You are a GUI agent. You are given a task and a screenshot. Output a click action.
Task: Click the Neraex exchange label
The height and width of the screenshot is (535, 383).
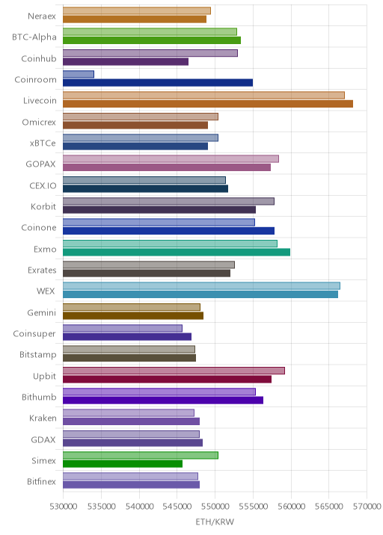pyautogui.click(x=42, y=16)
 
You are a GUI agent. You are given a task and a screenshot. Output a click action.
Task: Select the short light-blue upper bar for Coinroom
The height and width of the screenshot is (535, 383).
pyautogui.click(x=79, y=74)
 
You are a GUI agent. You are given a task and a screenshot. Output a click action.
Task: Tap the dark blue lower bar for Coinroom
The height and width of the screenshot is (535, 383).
pyautogui.click(x=158, y=83)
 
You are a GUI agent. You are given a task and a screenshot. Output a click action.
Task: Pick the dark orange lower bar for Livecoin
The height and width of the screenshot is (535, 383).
pyautogui.click(x=208, y=104)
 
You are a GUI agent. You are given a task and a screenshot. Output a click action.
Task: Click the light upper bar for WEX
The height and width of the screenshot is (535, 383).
pyautogui.click(x=201, y=286)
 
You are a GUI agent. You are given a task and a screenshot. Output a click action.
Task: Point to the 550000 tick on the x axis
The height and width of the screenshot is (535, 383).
pyautogui.click(x=215, y=507)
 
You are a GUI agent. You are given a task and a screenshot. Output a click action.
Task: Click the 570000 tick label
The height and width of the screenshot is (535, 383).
pyautogui.click(x=367, y=507)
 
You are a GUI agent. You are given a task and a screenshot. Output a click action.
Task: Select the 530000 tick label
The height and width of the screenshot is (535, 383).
pyautogui.click(x=63, y=507)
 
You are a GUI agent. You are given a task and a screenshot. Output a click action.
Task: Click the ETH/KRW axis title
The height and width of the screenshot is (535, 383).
pyautogui.click(x=215, y=522)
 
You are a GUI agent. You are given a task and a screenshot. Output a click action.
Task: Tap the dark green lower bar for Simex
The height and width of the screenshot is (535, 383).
pyautogui.click(x=123, y=464)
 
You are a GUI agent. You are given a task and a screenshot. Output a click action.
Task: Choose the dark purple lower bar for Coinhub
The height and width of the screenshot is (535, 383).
pyautogui.click(x=126, y=61)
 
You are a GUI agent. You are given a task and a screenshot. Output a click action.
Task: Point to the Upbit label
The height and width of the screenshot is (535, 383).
pyautogui.click(x=44, y=376)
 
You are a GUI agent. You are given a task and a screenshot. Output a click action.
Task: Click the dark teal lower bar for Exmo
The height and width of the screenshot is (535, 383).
pyautogui.click(x=177, y=252)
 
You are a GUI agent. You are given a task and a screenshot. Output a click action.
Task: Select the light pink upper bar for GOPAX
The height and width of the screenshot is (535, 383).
pyautogui.click(x=171, y=158)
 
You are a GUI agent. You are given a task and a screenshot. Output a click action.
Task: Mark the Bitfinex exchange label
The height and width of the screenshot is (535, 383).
pyautogui.click(x=41, y=481)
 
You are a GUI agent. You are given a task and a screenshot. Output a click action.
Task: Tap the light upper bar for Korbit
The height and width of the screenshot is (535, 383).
pyautogui.click(x=168, y=201)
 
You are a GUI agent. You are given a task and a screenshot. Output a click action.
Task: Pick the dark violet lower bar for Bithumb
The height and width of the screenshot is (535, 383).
pyautogui.click(x=163, y=401)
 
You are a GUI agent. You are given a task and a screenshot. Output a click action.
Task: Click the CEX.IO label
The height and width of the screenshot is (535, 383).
pyautogui.click(x=43, y=185)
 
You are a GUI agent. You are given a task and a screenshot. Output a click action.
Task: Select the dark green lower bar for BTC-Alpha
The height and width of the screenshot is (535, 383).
pyautogui.click(x=152, y=40)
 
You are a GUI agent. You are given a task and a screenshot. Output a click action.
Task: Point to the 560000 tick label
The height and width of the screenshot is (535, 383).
pyautogui.click(x=291, y=507)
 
